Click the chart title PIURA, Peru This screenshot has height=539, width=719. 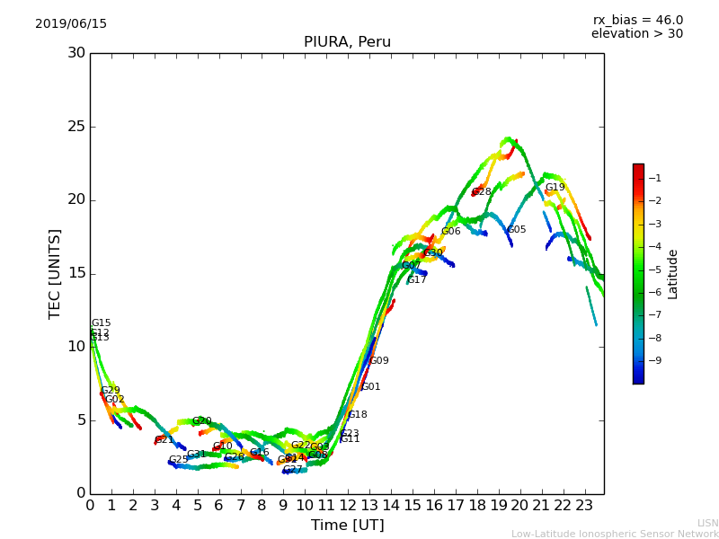[x=347, y=42]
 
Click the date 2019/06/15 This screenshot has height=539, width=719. [x=71, y=24]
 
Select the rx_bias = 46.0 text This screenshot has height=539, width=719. [x=637, y=21]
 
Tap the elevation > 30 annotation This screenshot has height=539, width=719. [x=636, y=34]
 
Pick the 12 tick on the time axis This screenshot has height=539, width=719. [x=349, y=506]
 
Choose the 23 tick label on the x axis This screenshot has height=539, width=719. [x=585, y=506]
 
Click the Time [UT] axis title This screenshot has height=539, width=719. [x=347, y=526]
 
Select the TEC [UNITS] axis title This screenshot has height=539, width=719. [x=56, y=273]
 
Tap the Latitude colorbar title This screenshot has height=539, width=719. [x=673, y=274]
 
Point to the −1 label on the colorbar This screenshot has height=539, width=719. [x=654, y=178]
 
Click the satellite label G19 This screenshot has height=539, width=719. [x=555, y=188]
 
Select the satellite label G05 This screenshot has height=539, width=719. [x=517, y=230]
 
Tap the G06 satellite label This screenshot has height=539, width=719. [x=450, y=232]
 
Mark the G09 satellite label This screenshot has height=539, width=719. [x=379, y=361]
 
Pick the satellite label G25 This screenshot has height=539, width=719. [x=179, y=460]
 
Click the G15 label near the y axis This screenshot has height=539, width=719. [x=101, y=323]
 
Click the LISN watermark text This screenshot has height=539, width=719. [x=707, y=523]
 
